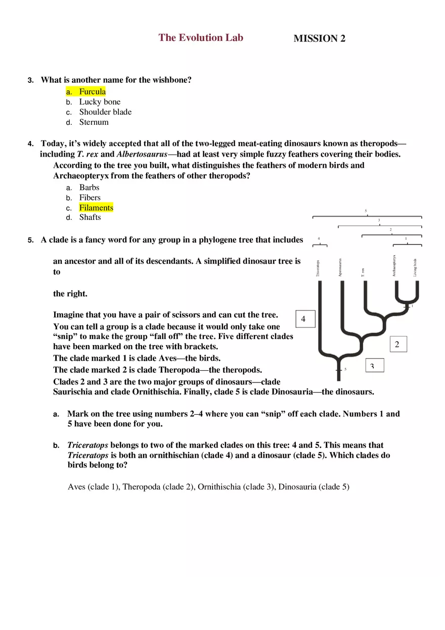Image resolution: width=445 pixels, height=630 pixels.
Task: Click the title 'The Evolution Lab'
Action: tap(201, 37)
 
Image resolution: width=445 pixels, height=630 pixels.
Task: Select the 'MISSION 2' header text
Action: tap(319, 38)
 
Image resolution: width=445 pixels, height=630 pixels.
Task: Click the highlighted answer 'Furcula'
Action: tap(92, 91)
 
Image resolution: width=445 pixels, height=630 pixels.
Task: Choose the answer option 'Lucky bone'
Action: tap(100, 102)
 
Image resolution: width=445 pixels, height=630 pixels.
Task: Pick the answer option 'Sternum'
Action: tap(94, 122)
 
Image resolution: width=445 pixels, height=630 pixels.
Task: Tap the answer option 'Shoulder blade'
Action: tap(105, 112)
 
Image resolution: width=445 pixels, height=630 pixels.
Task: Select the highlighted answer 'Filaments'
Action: tap(96, 208)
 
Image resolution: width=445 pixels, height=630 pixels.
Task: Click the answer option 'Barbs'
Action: tap(89, 187)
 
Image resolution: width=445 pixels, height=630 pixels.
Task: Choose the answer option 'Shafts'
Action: tap(90, 217)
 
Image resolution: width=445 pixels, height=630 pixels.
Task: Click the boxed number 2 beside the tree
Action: tap(397, 345)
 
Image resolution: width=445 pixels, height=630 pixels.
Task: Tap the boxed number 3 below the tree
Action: tap(374, 365)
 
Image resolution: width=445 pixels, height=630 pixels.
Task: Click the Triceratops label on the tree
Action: tap(318, 268)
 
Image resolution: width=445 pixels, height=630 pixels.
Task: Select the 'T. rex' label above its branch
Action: tap(363, 272)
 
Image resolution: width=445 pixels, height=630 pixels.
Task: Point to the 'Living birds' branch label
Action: tap(415, 267)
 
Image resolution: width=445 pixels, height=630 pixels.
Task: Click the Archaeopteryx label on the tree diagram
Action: tap(394, 265)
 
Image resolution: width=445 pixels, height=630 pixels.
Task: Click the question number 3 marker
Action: tap(30, 80)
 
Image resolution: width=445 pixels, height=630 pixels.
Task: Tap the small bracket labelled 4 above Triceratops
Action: tap(320, 245)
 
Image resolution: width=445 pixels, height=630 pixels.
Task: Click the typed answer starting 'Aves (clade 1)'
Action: tap(208, 487)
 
